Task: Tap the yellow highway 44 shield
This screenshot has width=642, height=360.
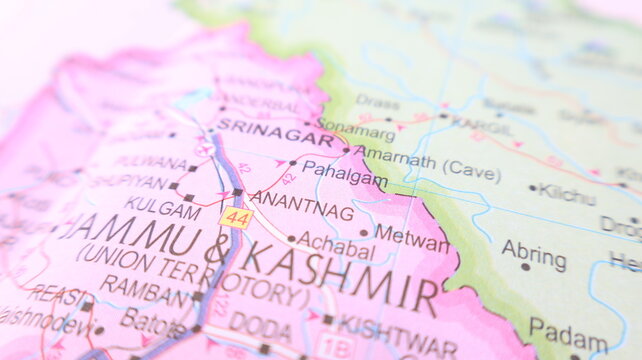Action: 237,217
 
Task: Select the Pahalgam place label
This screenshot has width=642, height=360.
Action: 344,173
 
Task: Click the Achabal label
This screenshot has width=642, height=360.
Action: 337,244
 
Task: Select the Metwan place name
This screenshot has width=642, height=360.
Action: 411,239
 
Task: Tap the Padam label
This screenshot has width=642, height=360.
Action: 567,330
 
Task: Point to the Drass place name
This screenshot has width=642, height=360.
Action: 376,101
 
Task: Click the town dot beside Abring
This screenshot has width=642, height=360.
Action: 525,267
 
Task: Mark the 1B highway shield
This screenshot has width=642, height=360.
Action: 337,346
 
